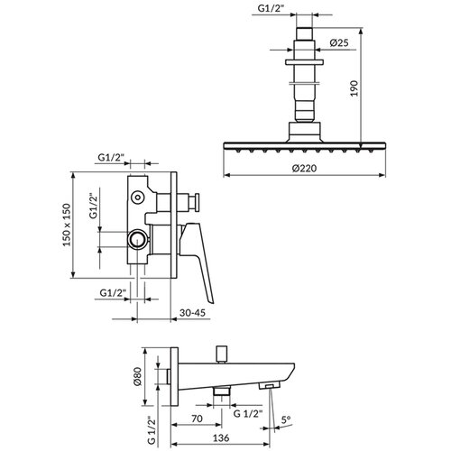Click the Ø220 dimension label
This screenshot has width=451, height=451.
304,168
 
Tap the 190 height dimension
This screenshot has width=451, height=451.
354,88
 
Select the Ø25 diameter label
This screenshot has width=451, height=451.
339,42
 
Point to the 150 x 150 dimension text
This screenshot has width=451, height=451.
67,225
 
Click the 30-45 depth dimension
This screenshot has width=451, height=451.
192,313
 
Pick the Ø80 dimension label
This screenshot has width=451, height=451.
137,376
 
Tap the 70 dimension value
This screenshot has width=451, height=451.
197,419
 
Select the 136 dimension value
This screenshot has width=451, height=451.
221,437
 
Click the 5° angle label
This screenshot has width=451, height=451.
286,419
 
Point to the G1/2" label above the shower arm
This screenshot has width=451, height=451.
271,8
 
